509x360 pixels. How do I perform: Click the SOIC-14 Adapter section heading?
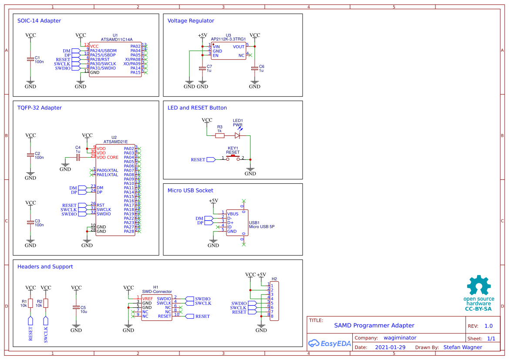(x=39, y=20)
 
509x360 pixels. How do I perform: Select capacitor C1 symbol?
(x=30, y=59)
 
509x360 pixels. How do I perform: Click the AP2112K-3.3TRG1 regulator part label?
(x=228, y=39)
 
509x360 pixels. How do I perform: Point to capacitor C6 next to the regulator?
(x=255, y=68)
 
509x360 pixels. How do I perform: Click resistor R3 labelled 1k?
(x=220, y=135)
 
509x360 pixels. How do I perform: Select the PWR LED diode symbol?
(x=237, y=135)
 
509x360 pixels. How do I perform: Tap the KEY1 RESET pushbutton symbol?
(x=233, y=157)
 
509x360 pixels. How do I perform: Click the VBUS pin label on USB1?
(x=233, y=214)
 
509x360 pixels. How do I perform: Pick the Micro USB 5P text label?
(x=262, y=227)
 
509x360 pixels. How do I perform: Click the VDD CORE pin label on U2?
(x=107, y=157)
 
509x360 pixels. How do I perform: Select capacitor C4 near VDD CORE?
(x=78, y=157)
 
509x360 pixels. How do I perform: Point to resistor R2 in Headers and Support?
(x=46, y=303)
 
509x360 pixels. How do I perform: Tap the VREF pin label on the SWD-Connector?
(x=148, y=298)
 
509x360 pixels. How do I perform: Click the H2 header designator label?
(x=274, y=279)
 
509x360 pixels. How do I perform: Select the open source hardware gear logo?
(x=479, y=286)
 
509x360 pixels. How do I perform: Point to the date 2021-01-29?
(x=390, y=347)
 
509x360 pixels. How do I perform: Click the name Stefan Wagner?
(x=462, y=347)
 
